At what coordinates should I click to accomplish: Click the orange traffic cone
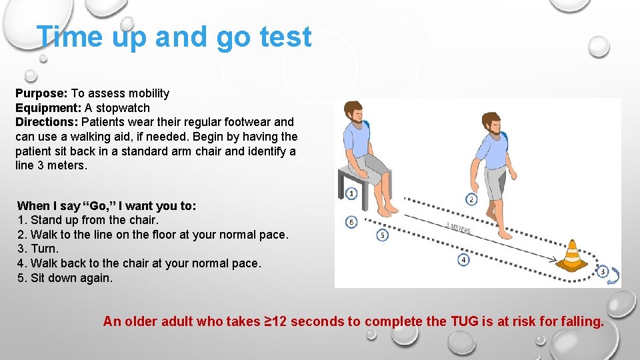[572, 256]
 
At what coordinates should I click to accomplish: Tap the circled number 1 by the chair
[352, 193]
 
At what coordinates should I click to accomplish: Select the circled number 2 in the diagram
[471, 199]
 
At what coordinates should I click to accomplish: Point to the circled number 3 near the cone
[602, 271]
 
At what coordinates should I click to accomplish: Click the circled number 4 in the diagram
[464, 259]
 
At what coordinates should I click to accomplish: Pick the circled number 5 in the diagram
[382, 235]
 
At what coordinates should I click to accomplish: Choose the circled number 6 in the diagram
[351, 222]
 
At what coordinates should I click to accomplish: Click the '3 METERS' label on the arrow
[458, 228]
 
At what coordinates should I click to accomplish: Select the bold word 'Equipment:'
[48, 108]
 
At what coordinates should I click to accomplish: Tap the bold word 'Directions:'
[47, 122]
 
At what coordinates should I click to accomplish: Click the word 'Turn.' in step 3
[45, 249]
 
